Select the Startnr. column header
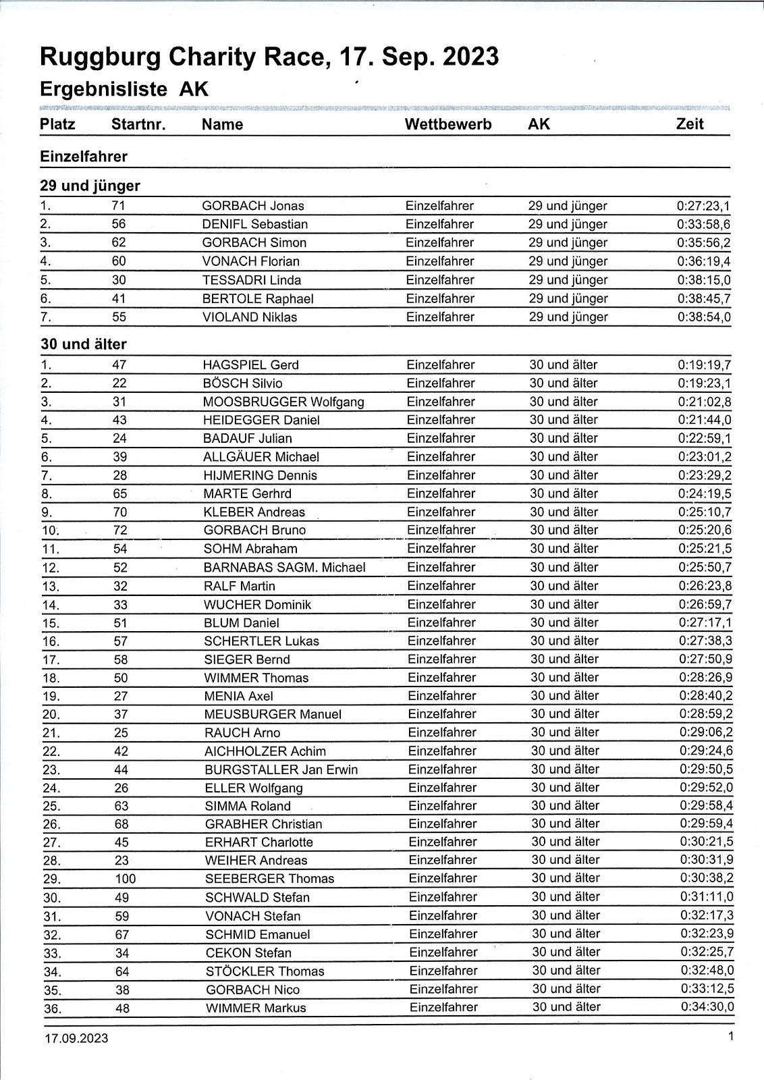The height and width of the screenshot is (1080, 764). [138, 124]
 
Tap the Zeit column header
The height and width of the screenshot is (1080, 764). [690, 124]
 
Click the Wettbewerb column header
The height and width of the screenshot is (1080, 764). [448, 124]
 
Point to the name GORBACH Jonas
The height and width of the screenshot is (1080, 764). [253, 206]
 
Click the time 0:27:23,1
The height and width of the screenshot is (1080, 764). [704, 206]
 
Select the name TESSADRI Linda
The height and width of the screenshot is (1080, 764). [252, 280]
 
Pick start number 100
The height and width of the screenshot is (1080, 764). [126, 879]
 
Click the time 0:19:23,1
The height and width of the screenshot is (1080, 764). [705, 383]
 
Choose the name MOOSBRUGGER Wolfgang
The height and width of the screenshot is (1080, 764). [283, 402]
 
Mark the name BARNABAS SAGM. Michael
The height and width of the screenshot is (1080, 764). [285, 568]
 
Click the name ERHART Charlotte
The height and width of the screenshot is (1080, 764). [259, 842]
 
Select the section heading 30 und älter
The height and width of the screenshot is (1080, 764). [84, 344]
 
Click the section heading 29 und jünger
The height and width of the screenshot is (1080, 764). [90, 186]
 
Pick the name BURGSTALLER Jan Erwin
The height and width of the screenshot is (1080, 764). [281, 769]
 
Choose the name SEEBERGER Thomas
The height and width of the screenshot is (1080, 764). [269, 879]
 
